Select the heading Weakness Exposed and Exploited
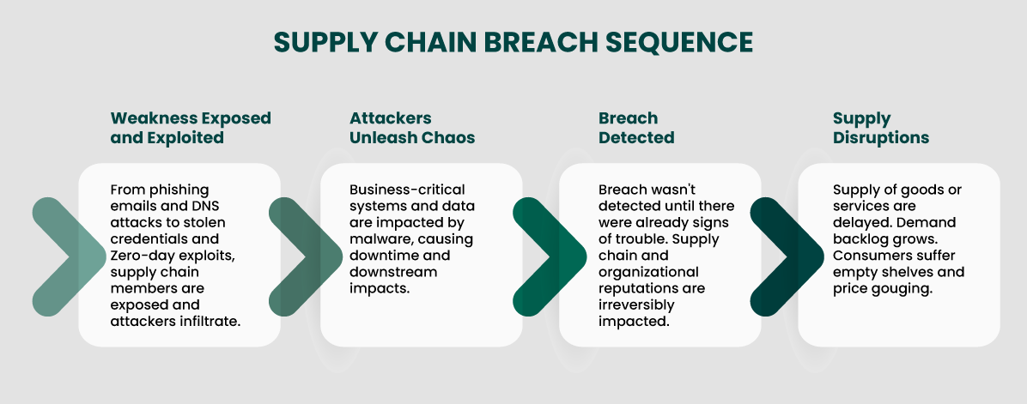(191, 127)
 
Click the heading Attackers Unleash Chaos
(412, 127)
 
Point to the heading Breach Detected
(636, 127)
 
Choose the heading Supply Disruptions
(881, 127)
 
